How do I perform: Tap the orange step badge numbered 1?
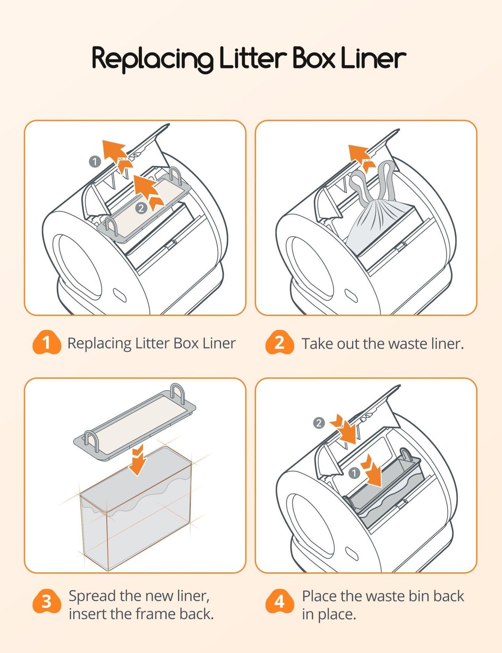coord(46,343)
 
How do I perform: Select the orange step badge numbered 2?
coord(279,343)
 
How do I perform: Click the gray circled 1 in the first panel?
coord(95,162)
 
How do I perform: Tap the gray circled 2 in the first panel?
coord(141,208)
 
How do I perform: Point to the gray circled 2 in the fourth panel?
coord(319,423)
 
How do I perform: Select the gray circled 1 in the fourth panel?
coord(354,473)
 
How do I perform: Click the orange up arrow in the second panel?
coord(361,156)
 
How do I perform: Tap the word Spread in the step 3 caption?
coord(92,596)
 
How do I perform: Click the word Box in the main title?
coord(314,58)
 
